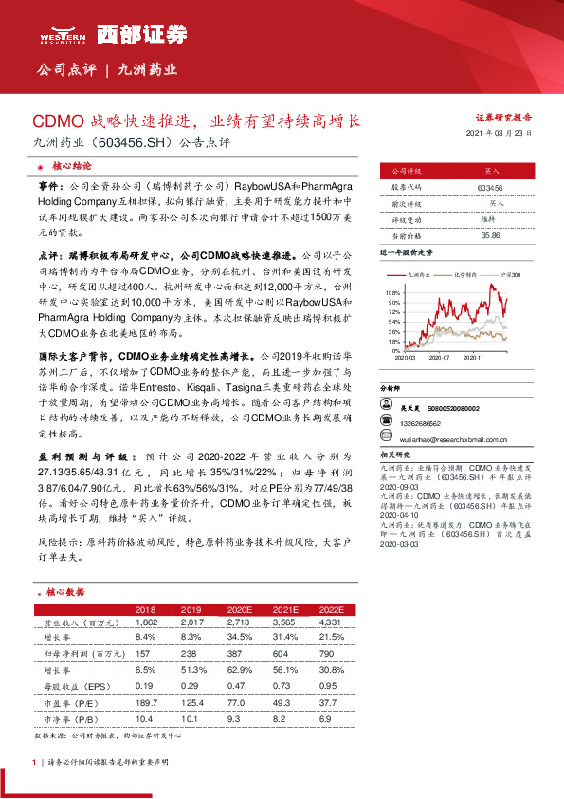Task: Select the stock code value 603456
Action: pos(490,189)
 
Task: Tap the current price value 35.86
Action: pos(490,235)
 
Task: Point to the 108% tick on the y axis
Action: pos(393,294)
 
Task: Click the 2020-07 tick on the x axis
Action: pos(439,358)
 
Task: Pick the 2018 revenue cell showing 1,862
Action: pos(146,622)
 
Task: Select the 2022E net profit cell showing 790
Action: pos(326,655)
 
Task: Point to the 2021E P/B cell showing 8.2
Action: pos(282,719)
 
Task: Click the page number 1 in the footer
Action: pos(34,762)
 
